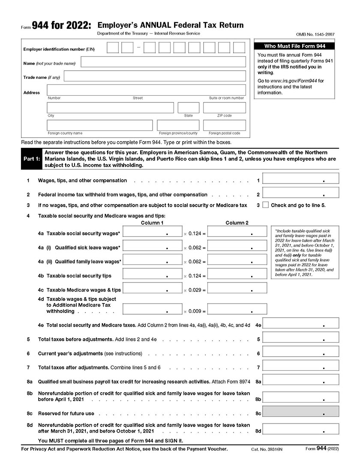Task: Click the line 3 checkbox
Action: [265, 205]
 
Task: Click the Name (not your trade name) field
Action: [163, 62]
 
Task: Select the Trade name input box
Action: [155, 76]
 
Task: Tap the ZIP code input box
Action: [225, 108]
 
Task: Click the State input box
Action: [189, 108]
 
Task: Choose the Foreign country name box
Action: [99, 125]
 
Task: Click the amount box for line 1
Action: [300, 179]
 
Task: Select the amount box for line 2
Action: [300, 192]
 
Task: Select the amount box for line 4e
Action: [300, 324]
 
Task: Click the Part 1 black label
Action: [30, 158]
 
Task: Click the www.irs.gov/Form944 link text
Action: [291, 81]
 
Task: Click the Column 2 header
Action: [237, 222]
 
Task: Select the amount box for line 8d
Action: [300, 428]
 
